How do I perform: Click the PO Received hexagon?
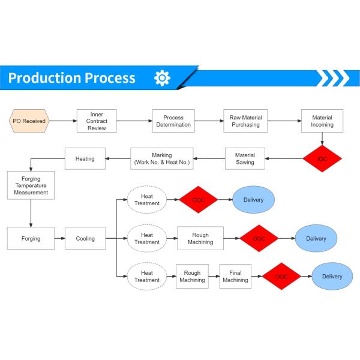[29, 121]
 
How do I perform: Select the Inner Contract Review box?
[97, 121]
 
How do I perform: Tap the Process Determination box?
[173, 121]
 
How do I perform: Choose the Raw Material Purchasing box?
[245, 121]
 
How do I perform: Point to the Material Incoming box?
[322, 121]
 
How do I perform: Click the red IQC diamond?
[322, 158]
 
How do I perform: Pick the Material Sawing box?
[245, 158]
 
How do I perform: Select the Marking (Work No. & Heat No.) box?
[162, 158]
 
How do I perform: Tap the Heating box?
[85, 158]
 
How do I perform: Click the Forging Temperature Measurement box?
[31, 185]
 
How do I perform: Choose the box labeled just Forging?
[31, 238]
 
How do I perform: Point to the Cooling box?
[85, 238]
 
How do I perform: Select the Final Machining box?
[235, 276]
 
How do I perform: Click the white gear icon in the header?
[162, 78]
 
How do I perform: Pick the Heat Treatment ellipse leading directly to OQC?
[146, 200]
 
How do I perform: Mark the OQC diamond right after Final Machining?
[281, 276]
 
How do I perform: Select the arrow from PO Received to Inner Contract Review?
[62, 121]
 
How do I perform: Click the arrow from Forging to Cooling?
[60, 238]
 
